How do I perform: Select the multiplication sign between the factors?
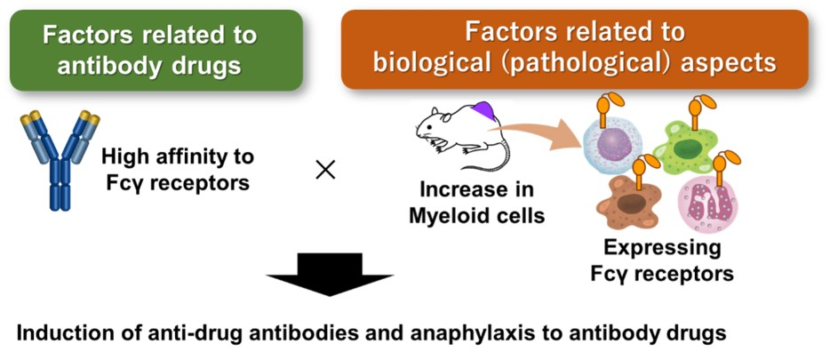326,169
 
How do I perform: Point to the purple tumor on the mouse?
485,112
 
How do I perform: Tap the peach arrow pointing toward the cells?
542,132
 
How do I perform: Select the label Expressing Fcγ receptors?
662,260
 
